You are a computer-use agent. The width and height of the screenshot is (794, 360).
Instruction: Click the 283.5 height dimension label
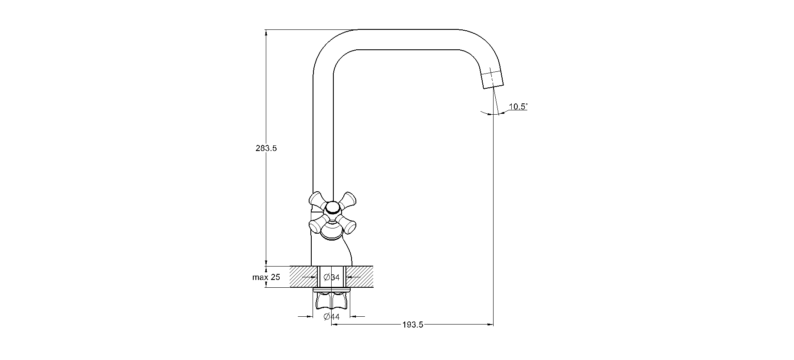point(266,148)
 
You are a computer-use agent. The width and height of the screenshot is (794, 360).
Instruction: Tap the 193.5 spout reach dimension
point(412,325)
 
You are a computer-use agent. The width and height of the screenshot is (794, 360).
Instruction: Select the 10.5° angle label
point(518,106)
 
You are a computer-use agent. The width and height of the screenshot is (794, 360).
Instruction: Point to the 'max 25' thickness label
point(266,277)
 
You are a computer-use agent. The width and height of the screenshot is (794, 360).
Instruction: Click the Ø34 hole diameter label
point(332,277)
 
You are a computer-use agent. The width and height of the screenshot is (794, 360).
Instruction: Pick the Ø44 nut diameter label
point(332,317)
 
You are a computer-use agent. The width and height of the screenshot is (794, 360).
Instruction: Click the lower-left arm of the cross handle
point(317,225)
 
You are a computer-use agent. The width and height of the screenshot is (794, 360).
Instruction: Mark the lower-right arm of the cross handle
point(348,224)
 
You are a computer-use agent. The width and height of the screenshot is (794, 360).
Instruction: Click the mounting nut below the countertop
point(332,301)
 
